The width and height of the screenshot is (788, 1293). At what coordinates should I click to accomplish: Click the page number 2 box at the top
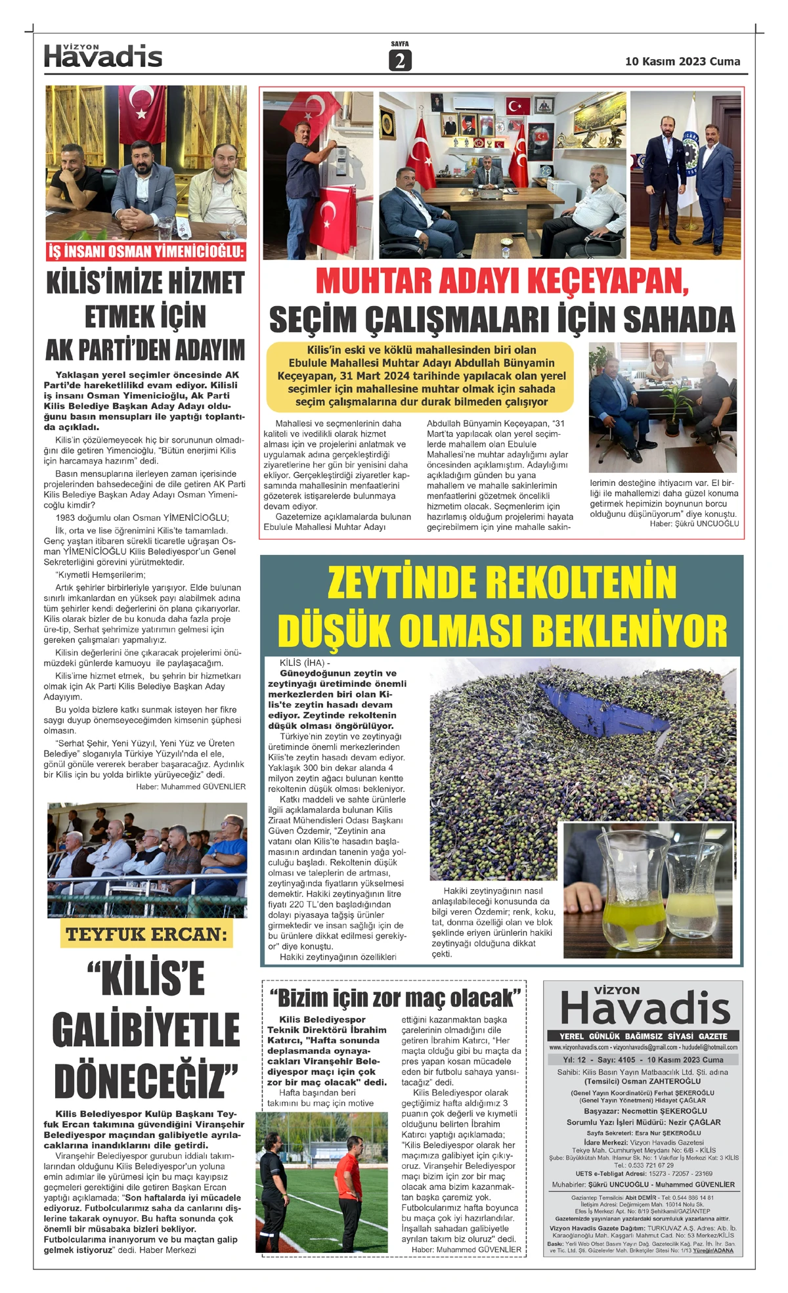coord(399,60)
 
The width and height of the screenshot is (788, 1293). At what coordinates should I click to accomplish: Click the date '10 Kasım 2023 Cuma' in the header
coord(682,61)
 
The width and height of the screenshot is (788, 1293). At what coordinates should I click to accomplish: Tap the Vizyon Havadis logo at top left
coord(103,56)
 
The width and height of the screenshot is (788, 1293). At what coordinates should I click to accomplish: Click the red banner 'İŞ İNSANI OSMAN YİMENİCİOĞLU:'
coord(146,252)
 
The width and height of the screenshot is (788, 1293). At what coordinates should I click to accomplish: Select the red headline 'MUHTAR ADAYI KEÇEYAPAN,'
coord(502,281)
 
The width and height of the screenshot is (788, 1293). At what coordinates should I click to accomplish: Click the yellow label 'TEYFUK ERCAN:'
coord(146,934)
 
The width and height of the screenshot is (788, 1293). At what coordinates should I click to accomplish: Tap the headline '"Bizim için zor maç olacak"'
coord(395,998)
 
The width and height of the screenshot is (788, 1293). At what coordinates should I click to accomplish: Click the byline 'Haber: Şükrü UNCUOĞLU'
coord(694,523)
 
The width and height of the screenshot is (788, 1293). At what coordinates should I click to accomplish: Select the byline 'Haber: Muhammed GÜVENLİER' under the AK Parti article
coord(190,786)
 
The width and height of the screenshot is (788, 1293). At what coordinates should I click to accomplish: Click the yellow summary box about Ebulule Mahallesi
coord(420,376)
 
